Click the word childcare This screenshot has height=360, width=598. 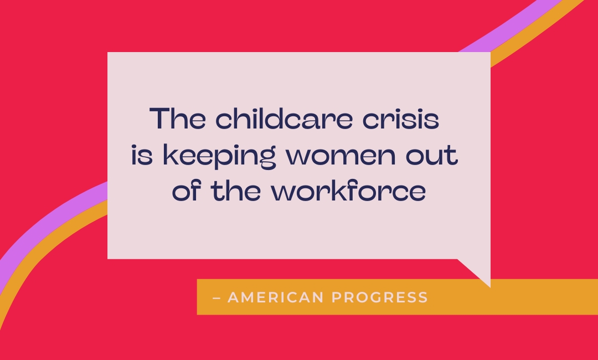click(283, 118)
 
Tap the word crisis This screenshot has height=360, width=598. click(401, 118)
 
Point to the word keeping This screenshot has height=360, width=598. click(219, 156)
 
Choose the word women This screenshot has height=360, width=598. click(341, 156)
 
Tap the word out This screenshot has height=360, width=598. click(432, 155)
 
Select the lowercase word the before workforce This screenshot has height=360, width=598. click(236, 191)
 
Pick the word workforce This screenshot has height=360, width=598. click(349, 191)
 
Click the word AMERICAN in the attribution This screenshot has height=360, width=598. click(276, 297)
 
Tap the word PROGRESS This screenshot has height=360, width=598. click(380, 297)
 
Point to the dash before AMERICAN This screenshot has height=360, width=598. click(216, 297)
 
